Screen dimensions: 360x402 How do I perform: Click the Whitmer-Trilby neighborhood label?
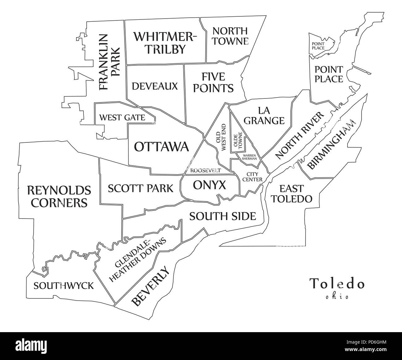(165, 43)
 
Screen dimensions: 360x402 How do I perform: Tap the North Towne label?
(230, 36)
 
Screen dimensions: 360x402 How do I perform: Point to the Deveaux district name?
(155, 86)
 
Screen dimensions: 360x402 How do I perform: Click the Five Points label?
(213, 82)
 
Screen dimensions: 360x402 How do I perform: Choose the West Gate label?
(122, 118)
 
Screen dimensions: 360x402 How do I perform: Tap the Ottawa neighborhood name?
(161, 146)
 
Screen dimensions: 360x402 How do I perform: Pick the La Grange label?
(264, 115)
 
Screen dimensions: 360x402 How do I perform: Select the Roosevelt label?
(205, 171)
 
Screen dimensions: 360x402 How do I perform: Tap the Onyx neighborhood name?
(209, 185)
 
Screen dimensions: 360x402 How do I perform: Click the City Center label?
(252, 177)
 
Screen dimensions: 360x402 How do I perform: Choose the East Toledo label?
(291, 193)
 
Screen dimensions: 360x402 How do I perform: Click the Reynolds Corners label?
(59, 196)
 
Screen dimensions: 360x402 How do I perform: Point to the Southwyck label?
(63, 285)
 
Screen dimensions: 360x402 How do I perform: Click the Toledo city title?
(337, 284)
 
